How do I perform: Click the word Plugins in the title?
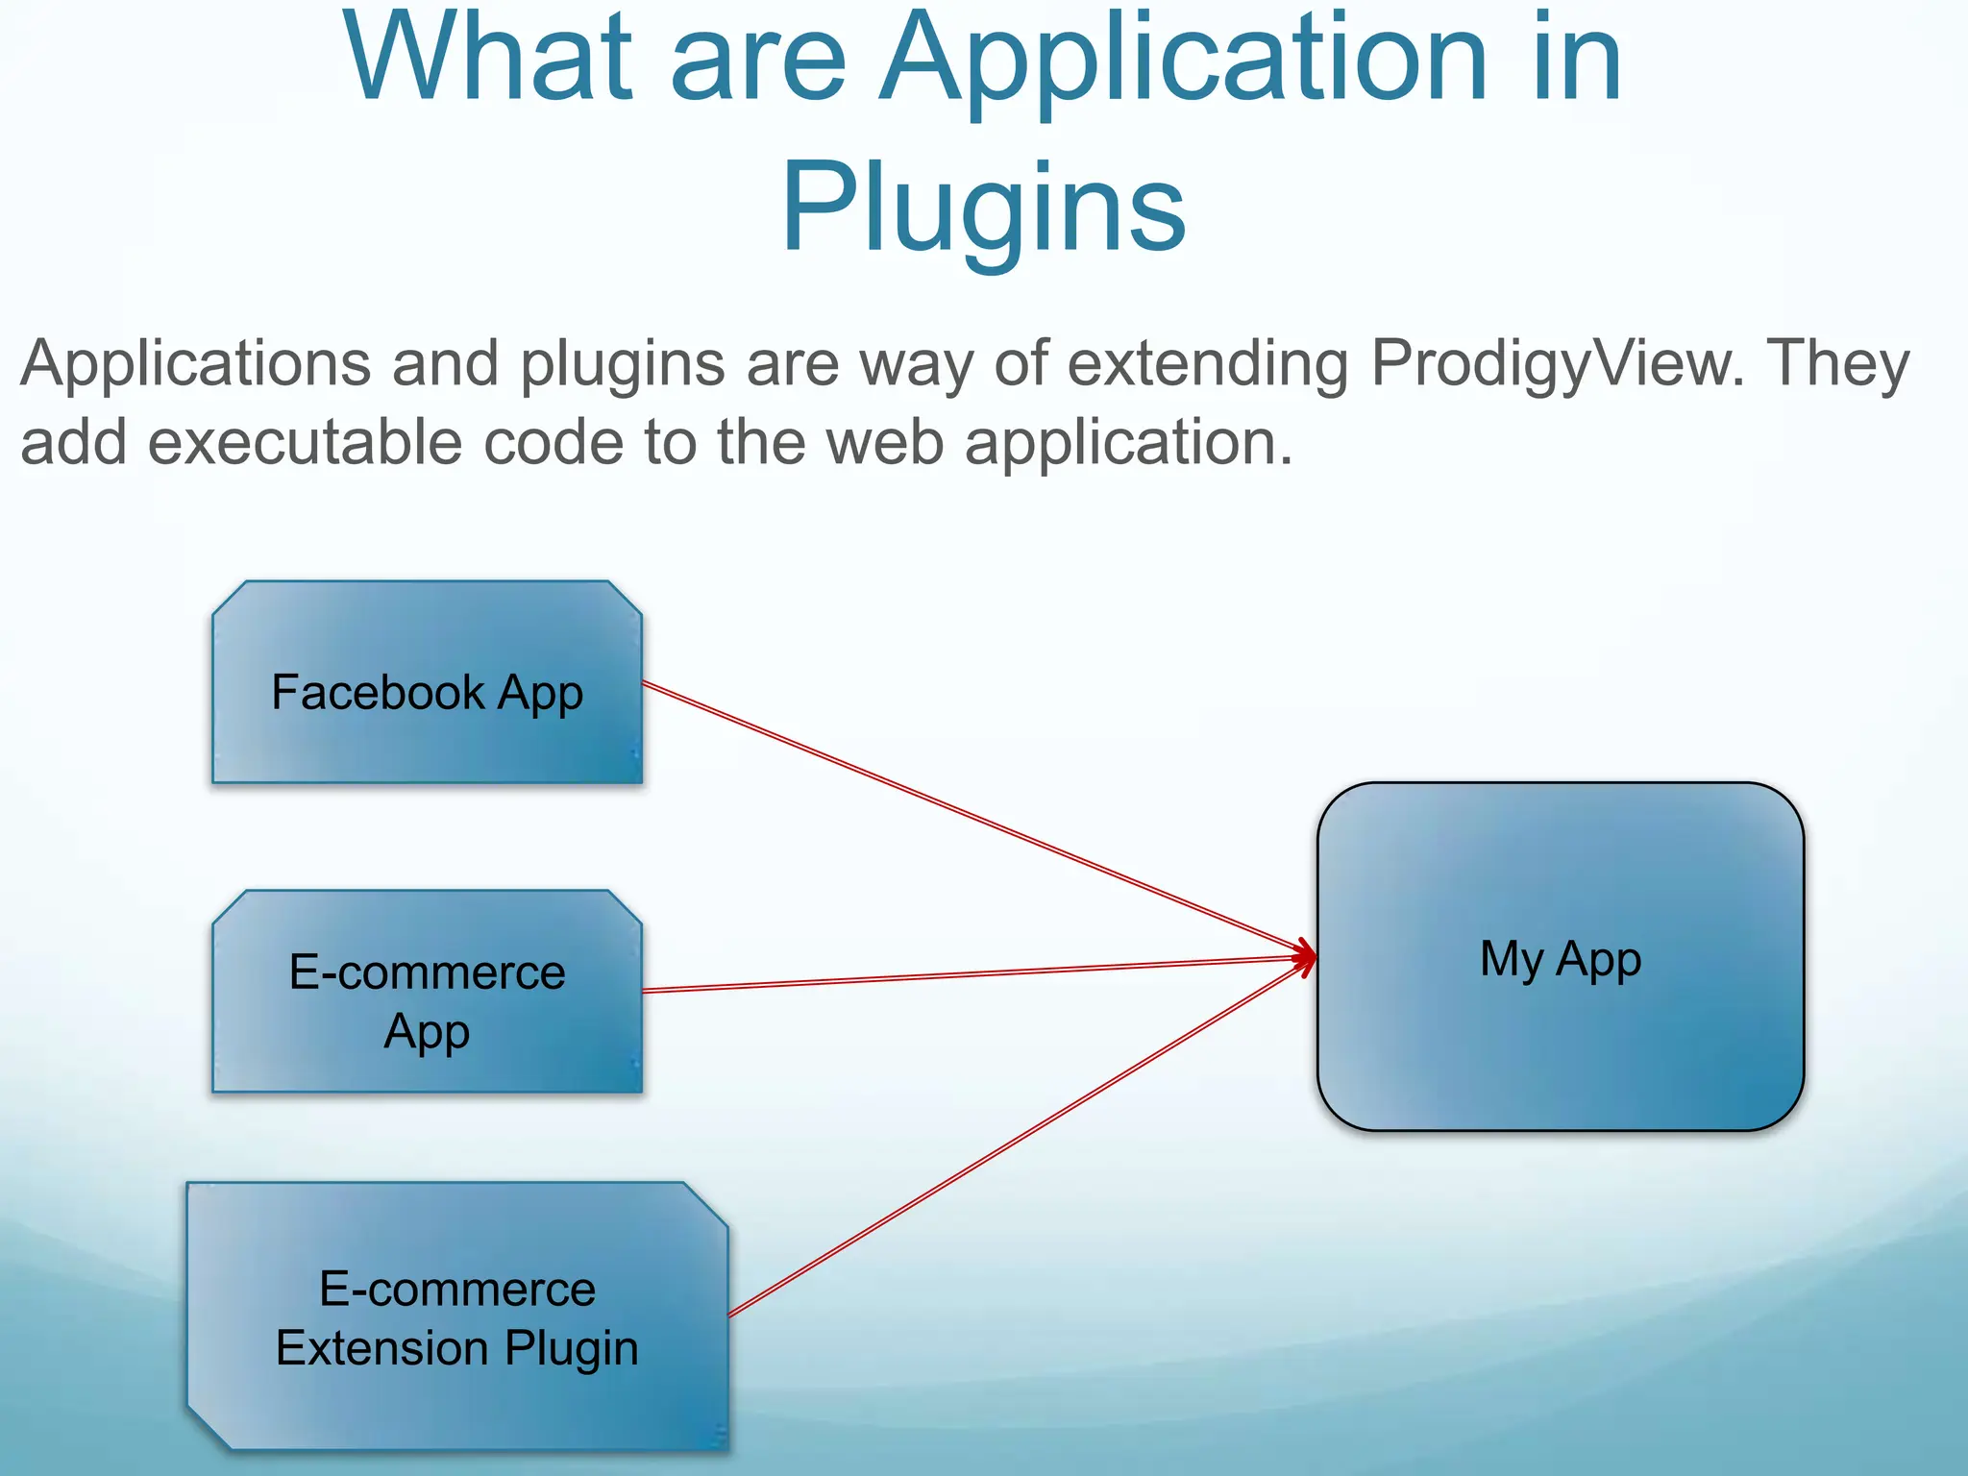pyautogui.click(x=983, y=208)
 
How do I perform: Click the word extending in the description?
pyautogui.click(x=1210, y=365)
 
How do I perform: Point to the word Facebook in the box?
pyautogui.click(x=378, y=692)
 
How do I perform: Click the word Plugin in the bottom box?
pyautogui.click(x=572, y=1349)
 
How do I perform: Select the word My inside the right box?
pyautogui.click(x=1511, y=960)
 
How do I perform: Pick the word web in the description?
pyautogui.click(x=884, y=443)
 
